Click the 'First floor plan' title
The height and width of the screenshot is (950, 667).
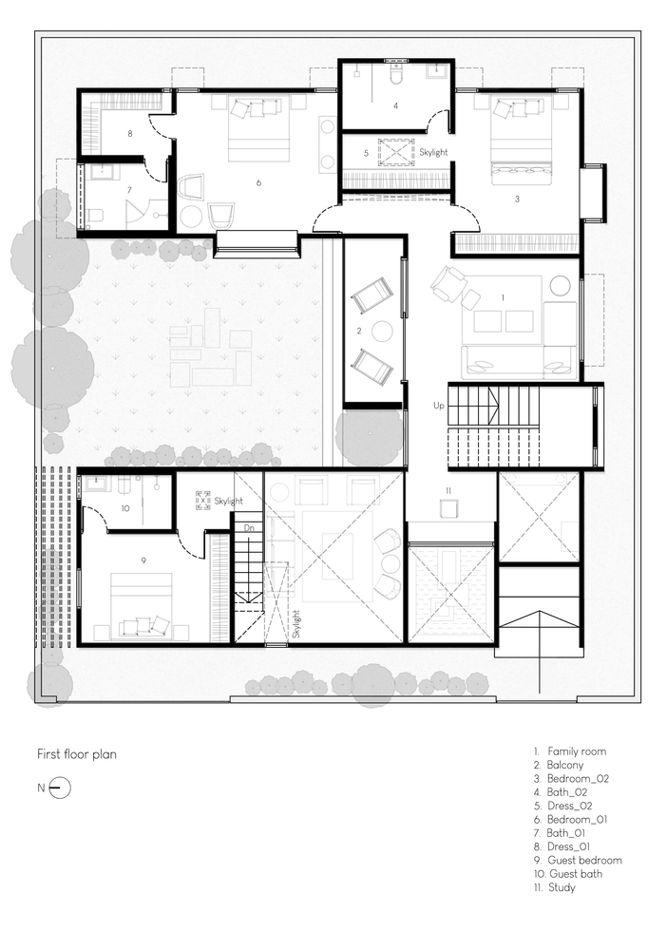click(x=77, y=754)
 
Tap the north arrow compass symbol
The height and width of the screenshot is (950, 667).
click(x=59, y=788)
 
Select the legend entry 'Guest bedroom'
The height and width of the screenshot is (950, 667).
click(x=578, y=861)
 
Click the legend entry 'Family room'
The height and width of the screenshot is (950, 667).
click(x=570, y=751)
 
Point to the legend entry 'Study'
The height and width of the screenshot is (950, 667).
click(x=555, y=887)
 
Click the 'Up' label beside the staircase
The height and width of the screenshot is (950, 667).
click(x=439, y=406)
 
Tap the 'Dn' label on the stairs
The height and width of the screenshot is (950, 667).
click(x=249, y=528)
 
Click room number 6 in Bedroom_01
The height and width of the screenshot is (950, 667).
click(x=258, y=182)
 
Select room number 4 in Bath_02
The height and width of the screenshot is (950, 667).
click(x=395, y=105)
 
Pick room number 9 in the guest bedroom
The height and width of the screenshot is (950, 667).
click(x=143, y=561)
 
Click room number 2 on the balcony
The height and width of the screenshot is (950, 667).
click(x=359, y=331)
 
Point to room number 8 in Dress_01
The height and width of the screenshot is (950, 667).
click(x=129, y=133)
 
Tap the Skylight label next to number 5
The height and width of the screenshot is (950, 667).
click(x=434, y=153)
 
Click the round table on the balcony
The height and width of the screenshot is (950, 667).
click(x=383, y=332)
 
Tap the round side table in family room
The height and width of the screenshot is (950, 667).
click(x=560, y=286)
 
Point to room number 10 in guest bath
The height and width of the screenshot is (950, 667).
click(x=125, y=508)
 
